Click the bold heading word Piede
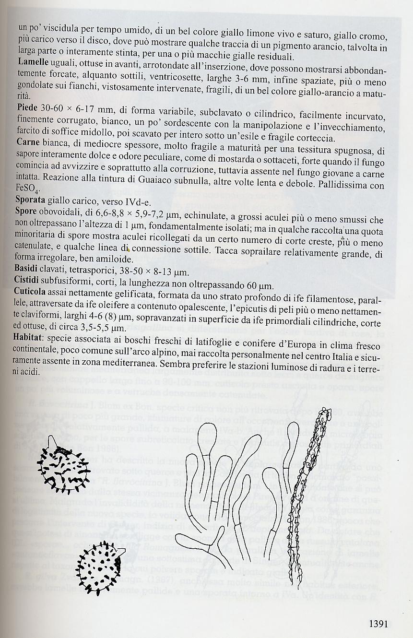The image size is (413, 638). coord(28,106)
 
